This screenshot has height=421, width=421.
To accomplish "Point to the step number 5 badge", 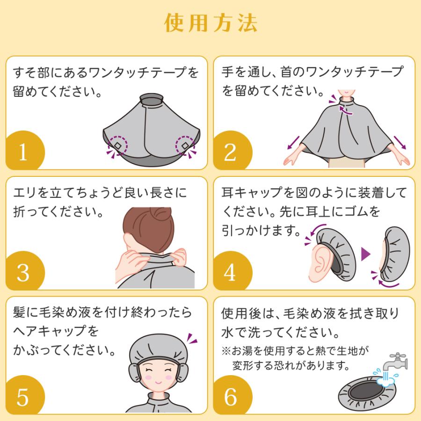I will point(23,397).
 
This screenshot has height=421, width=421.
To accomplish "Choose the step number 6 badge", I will point(231,397).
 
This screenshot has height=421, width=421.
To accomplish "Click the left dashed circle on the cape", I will point(119,146).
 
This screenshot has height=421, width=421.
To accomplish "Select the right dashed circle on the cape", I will point(185,146).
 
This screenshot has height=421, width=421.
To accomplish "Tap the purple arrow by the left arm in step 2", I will point(293,142).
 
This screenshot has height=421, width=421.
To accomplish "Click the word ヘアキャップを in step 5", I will point(56,331).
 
